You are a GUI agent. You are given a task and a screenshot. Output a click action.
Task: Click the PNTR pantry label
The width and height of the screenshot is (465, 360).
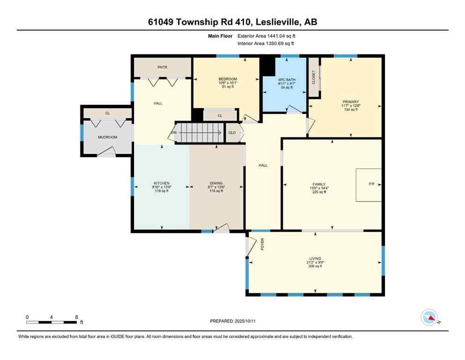coord(162,67)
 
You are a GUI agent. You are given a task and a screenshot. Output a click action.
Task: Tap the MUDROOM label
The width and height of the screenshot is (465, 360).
coord(107,137)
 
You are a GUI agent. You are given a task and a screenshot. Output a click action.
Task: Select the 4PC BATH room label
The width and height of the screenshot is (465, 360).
coord(283,79)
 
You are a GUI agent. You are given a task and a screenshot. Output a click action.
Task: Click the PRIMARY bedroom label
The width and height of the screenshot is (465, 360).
coord(350,102)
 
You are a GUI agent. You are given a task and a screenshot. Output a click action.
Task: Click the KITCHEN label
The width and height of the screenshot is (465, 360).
coord(162,183)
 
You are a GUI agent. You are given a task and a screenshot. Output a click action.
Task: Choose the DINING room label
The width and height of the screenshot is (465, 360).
coord(216,183)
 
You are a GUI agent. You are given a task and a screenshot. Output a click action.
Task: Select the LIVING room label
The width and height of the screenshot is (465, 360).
coord(315,258)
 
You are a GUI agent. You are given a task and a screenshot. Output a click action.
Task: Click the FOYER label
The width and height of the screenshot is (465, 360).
coord(263,243)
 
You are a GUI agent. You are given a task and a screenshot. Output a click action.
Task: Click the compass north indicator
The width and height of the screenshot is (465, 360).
coord(430,318)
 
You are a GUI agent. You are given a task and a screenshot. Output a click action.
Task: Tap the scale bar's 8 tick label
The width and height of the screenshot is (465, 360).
coord(76,317)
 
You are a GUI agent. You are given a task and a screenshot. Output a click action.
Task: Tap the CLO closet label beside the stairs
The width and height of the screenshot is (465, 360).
coord(232,133)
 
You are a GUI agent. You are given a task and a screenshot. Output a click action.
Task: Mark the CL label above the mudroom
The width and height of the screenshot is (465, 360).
coord(107,113)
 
